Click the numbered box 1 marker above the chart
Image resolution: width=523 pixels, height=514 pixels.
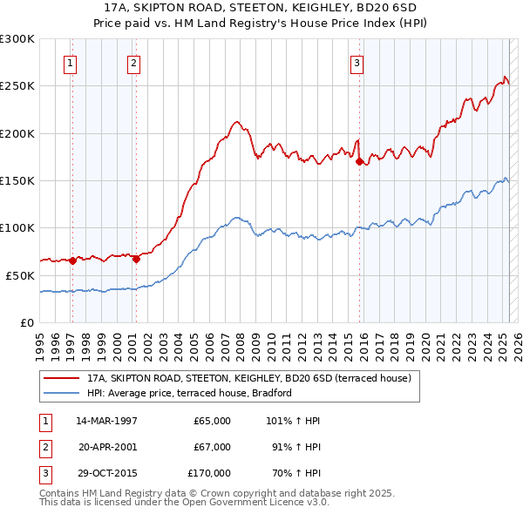pos(69,62)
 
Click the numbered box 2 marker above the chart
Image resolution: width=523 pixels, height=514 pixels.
pos(132,62)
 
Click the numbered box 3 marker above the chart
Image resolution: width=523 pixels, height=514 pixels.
pos(357,62)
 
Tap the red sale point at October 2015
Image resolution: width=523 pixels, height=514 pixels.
pos(359,160)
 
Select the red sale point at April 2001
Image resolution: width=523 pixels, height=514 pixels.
pos(136,259)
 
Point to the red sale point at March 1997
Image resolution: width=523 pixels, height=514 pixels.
pos(73,260)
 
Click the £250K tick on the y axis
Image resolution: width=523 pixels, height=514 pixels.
pos(18,86)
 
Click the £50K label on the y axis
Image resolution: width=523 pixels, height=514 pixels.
pos(21,275)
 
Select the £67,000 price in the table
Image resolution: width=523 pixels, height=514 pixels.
pos(212,447)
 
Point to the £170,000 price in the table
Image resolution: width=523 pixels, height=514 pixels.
pos(209,473)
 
